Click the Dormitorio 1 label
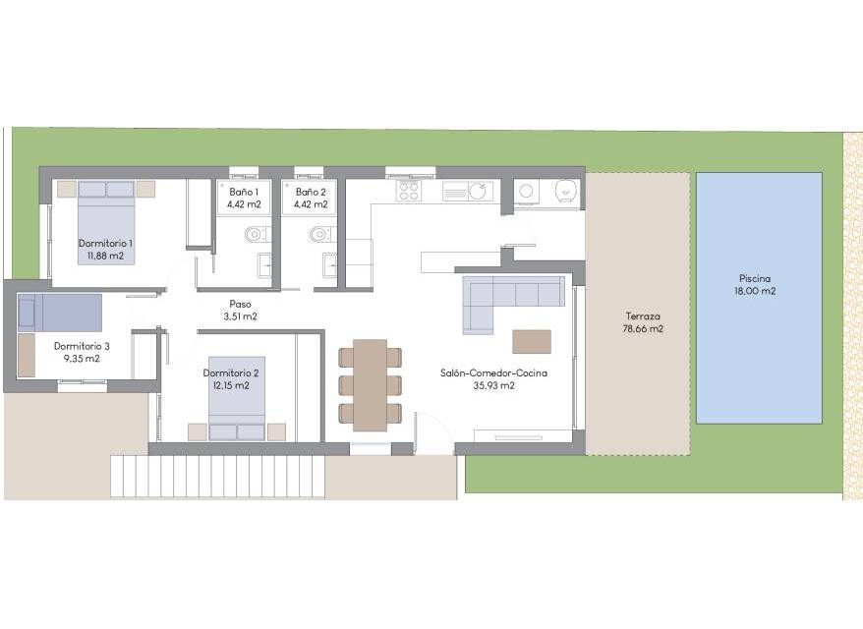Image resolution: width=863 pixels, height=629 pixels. tap(105, 243)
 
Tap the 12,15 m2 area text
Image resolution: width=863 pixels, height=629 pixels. tap(231, 386)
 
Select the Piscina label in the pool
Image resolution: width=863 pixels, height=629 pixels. tap(755, 278)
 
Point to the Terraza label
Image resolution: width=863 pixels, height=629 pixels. tap(643, 316)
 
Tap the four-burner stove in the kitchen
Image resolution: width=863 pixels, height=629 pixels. tap(409, 192)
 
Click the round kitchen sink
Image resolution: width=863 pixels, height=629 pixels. tap(478, 192)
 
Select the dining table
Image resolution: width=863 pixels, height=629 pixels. tap(370, 385)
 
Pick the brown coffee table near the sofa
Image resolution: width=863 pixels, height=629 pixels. tap(532, 342)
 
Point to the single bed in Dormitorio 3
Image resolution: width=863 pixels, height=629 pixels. tap(59, 313)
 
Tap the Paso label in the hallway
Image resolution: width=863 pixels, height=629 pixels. tap(241, 304)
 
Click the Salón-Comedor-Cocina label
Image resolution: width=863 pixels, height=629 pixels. tap(493, 373)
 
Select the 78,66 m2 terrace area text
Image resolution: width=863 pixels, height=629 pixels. tap(643, 329)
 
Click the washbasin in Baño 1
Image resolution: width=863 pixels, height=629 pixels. tap(264, 265)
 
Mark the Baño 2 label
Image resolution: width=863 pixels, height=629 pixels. tap(311, 192)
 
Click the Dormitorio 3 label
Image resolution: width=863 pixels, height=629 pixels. tap(82, 346)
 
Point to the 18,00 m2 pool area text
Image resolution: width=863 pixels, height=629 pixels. tap(755, 291)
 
